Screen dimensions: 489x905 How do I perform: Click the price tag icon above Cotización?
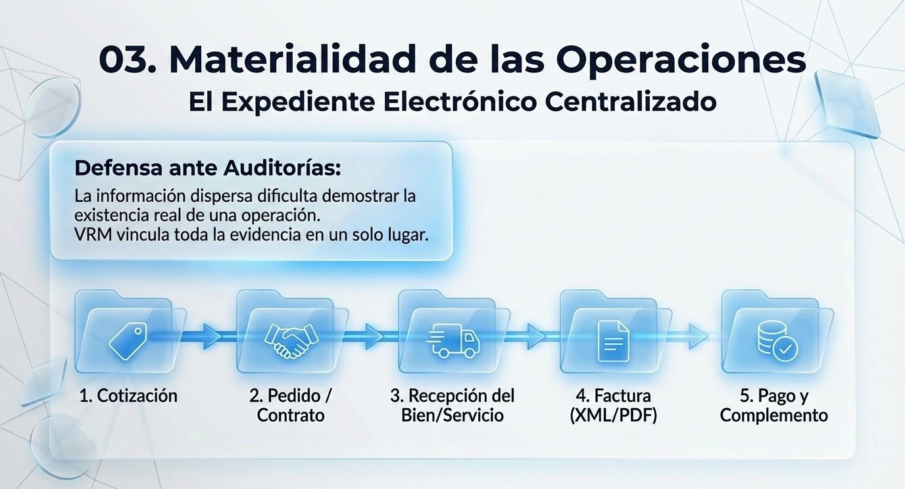128,340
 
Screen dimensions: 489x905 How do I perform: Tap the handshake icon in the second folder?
290,340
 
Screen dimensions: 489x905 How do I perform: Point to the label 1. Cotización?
128,396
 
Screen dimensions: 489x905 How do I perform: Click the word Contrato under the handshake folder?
291,415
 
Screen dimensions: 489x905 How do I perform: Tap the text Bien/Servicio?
452,415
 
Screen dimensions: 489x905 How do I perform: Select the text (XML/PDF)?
614,415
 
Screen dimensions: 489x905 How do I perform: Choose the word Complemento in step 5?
774,415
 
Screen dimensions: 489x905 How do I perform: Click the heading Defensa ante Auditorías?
208,168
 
